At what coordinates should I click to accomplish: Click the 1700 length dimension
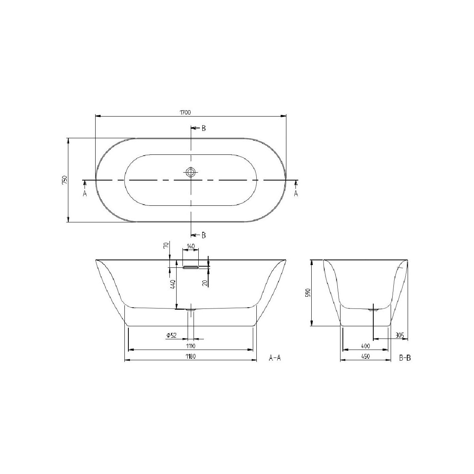(186, 113)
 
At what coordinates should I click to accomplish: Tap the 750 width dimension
(65, 180)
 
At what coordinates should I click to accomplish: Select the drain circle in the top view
(190, 172)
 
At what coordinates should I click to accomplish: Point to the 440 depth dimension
(173, 284)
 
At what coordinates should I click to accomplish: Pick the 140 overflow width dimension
(191, 246)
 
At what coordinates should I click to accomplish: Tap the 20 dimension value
(205, 283)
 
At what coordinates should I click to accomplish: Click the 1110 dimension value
(191, 346)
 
